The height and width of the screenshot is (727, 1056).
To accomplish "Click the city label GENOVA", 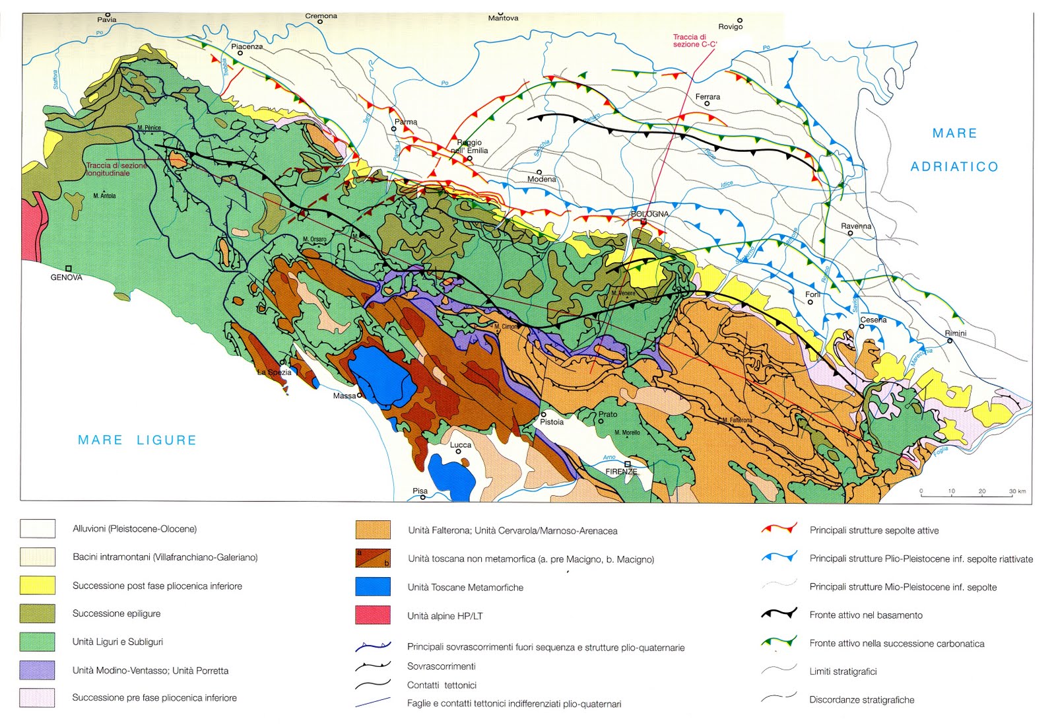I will (66, 278).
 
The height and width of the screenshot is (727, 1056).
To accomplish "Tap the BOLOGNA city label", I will (649, 214).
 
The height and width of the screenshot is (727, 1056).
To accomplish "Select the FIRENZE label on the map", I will (621, 472).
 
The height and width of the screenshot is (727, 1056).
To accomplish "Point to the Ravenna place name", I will (856, 226).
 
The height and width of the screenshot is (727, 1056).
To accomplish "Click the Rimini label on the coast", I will (956, 333).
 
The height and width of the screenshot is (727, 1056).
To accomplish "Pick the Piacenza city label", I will (247, 46).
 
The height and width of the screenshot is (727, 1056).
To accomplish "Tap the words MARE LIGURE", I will (137, 440).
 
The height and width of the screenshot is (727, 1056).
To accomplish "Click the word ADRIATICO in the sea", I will (954, 167).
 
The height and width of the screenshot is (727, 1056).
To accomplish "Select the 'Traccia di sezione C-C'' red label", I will (694, 41).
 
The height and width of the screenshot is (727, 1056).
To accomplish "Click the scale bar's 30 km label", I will (1017, 491).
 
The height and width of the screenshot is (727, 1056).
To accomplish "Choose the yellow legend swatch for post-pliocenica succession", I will (38, 586).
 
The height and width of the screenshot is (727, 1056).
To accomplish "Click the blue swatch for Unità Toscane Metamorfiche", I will (373, 587).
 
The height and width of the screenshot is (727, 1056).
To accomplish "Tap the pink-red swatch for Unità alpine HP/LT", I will (373, 615).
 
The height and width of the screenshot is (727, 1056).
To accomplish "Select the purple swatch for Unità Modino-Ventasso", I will (38, 670).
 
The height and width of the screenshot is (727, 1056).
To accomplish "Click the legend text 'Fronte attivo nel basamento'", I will (866, 615).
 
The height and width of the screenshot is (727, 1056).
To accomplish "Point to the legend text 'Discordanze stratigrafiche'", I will (861, 700).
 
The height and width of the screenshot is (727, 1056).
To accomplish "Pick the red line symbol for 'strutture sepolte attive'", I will (779, 529).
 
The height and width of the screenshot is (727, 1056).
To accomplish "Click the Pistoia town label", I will (552, 422).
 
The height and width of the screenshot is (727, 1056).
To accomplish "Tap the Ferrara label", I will (708, 96).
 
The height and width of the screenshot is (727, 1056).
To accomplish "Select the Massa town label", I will (344, 396).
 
